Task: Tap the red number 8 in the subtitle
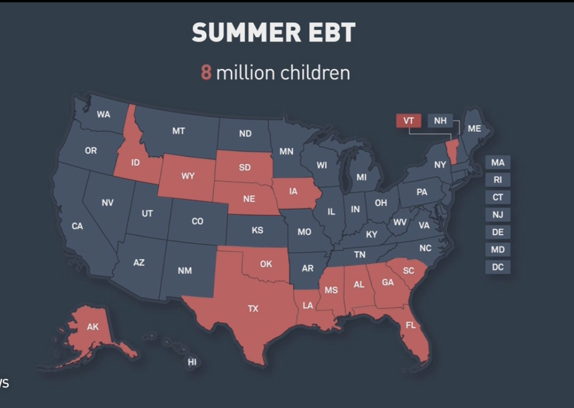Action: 206,73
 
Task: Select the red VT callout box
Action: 408,120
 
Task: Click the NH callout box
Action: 440,120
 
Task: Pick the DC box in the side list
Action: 498,267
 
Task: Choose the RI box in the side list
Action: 498,180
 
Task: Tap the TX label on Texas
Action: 253,308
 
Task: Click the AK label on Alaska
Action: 92,327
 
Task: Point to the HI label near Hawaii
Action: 192,362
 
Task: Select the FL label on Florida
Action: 410,326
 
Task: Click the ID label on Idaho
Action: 135,163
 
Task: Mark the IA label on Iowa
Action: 293,191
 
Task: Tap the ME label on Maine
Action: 474,128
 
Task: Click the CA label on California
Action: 77,226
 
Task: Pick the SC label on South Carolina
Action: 409,270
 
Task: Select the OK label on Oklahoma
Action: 266,263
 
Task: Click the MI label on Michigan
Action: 362,177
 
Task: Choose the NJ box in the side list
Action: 498,215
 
